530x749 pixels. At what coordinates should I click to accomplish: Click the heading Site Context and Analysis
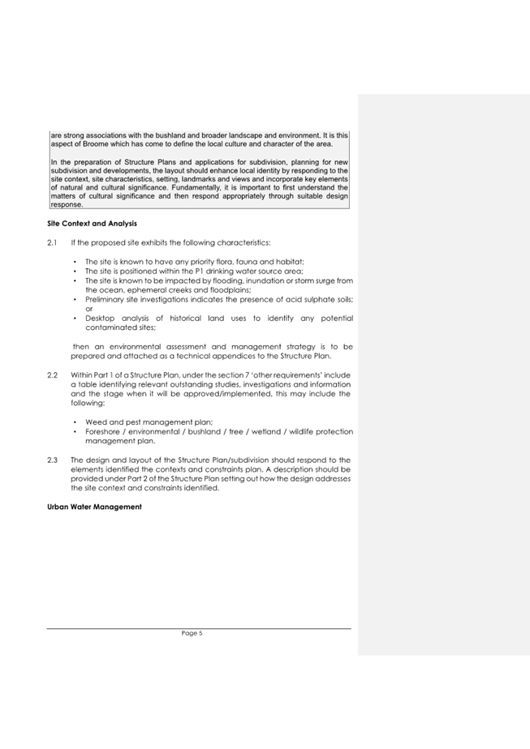92,223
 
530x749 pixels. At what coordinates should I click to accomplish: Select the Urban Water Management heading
94,507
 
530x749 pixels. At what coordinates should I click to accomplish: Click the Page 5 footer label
192,633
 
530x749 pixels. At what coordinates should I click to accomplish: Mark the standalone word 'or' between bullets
89,309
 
